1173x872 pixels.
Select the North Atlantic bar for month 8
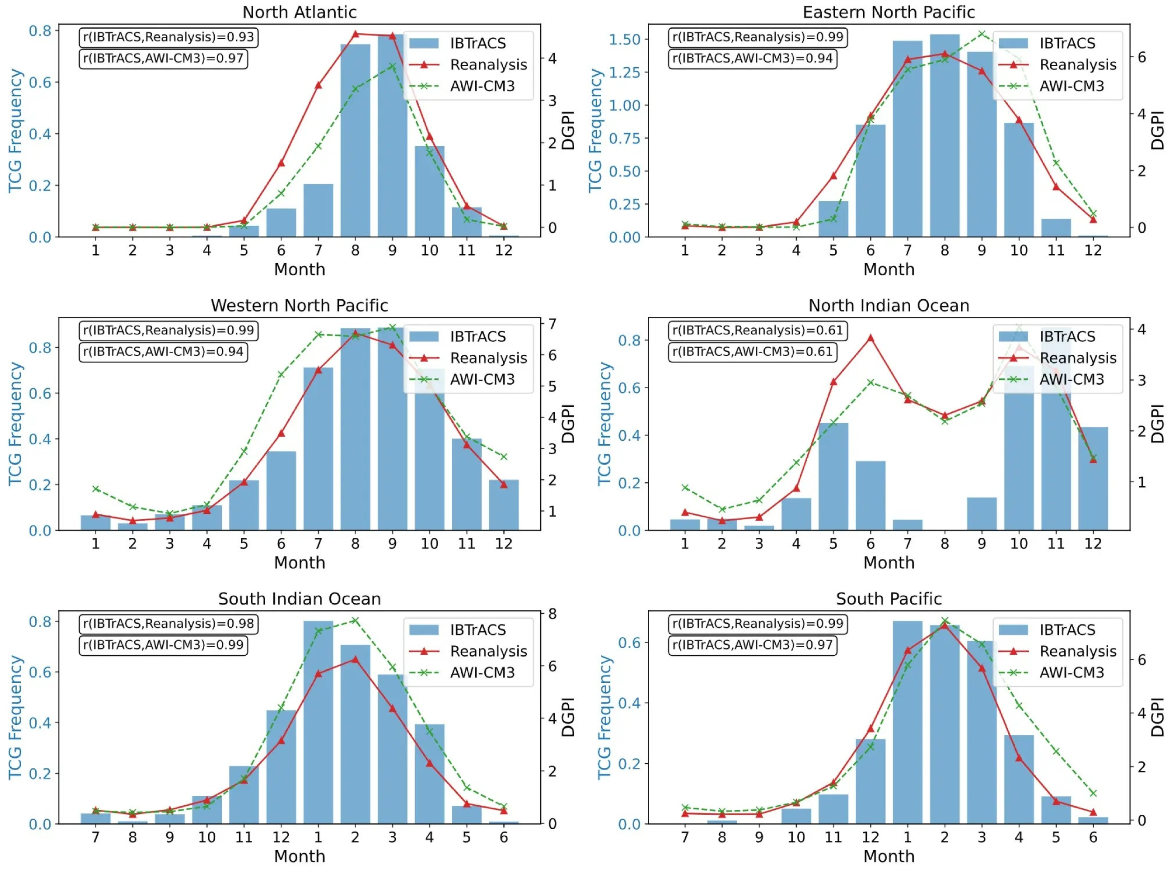[355, 141]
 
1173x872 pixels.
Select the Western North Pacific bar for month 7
[318, 449]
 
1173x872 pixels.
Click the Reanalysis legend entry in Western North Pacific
[467, 358]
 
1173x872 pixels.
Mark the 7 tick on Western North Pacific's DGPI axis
[552, 323]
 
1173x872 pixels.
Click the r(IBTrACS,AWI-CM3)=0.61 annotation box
[752, 352]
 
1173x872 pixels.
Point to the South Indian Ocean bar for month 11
[244, 795]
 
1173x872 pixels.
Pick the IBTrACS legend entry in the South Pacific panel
[1057, 630]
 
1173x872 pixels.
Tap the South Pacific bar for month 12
[870, 781]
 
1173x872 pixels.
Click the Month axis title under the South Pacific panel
[889, 856]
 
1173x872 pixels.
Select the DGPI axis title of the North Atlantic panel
[568, 130]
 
